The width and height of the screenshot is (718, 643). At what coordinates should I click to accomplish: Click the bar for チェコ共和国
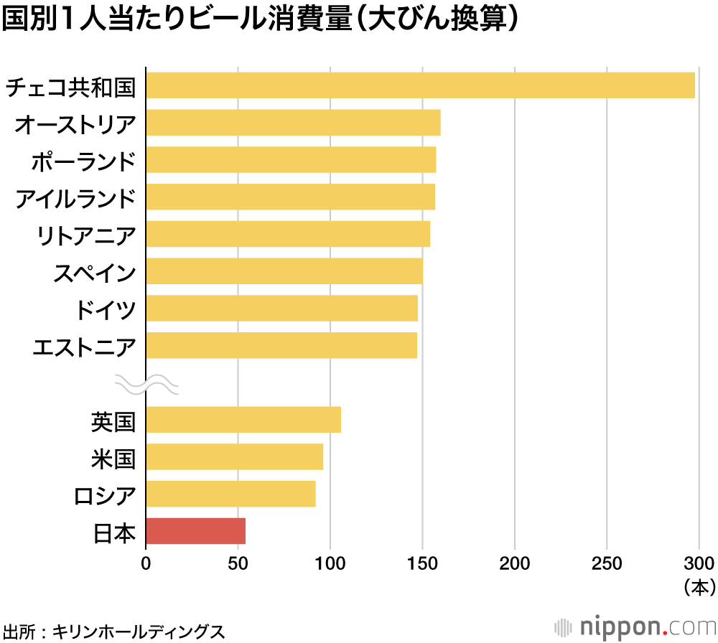(x=420, y=85)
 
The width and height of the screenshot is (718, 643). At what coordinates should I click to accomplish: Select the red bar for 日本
(x=195, y=531)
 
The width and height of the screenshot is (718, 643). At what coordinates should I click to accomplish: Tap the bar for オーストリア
(x=293, y=123)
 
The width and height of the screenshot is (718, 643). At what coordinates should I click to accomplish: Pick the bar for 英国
(x=243, y=420)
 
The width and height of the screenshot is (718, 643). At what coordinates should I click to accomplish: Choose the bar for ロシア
(x=230, y=494)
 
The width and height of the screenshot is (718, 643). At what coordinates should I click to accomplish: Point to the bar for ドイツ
(x=281, y=308)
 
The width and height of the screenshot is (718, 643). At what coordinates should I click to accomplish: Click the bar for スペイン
(x=284, y=271)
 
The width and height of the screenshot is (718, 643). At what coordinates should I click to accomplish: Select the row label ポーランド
(x=83, y=161)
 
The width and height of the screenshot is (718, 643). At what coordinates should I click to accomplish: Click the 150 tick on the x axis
(x=422, y=563)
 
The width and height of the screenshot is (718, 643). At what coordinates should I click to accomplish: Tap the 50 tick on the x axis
(x=238, y=563)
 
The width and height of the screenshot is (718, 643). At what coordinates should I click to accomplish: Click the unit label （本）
(x=699, y=588)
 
